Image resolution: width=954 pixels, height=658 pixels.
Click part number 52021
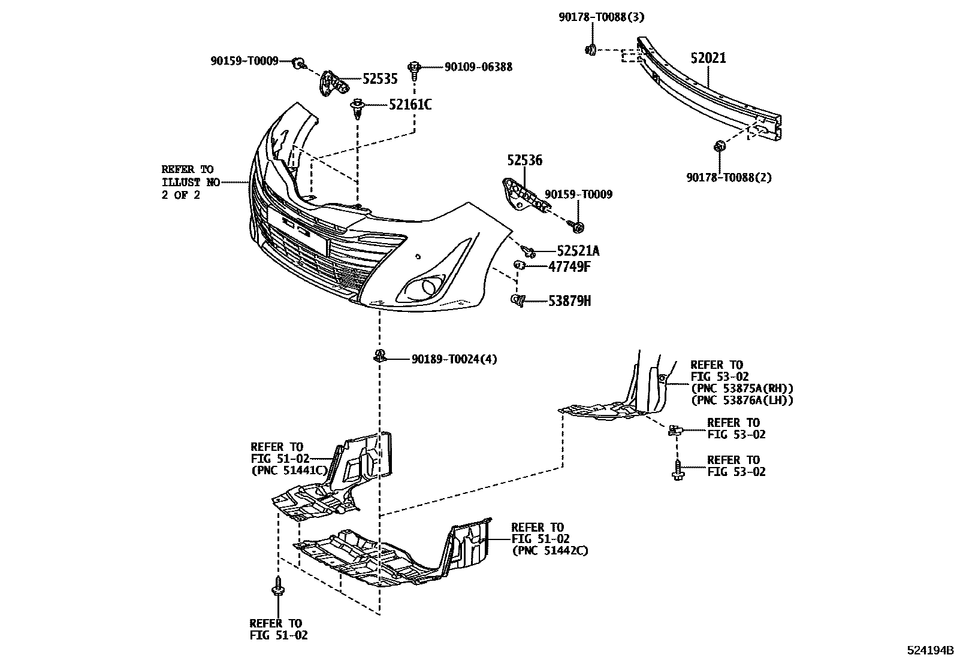(x=708, y=58)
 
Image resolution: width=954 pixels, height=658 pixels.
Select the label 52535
(x=380, y=79)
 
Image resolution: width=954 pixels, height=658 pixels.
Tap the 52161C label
(x=410, y=105)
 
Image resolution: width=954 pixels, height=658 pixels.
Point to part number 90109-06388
(x=478, y=67)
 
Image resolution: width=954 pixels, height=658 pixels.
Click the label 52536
(x=524, y=160)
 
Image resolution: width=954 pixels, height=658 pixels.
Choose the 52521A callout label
(x=578, y=251)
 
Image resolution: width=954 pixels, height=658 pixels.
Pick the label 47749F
(x=569, y=266)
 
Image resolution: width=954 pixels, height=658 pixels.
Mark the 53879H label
(x=569, y=301)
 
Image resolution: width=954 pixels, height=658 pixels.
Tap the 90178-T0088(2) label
(x=729, y=177)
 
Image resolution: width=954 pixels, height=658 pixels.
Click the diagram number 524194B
(x=929, y=650)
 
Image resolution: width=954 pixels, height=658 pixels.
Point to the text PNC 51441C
(x=289, y=470)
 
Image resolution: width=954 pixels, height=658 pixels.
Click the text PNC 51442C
(x=550, y=550)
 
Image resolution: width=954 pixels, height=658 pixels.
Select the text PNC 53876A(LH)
(x=742, y=401)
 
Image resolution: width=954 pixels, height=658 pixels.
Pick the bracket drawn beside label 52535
(x=332, y=84)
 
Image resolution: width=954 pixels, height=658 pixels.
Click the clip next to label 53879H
(x=518, y=301)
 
